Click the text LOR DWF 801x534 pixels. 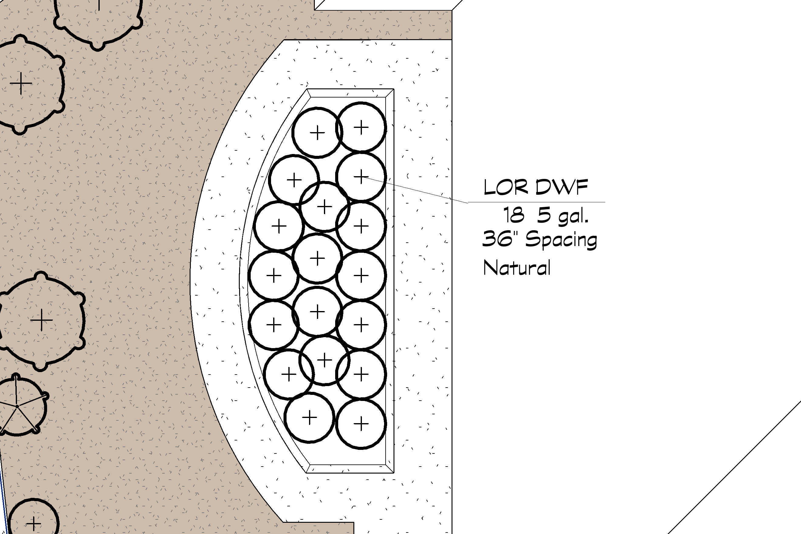coord(536,187)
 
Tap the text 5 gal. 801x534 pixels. coord(562,216)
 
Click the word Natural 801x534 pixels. coord(517,268)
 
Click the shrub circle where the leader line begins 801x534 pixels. coord(361,176)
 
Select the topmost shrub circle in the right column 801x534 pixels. coord(361,127)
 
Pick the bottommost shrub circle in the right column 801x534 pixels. coord(361,424)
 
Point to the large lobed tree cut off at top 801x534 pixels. coord(98,17)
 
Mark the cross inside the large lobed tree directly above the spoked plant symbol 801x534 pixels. coord(41,320)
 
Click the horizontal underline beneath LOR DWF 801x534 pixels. coord(536,202)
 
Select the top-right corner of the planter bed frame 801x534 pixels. coord(394,90)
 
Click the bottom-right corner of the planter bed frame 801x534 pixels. coord(394,472)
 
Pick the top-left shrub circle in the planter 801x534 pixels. coord(317,132)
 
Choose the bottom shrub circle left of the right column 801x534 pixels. coord(309,418)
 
